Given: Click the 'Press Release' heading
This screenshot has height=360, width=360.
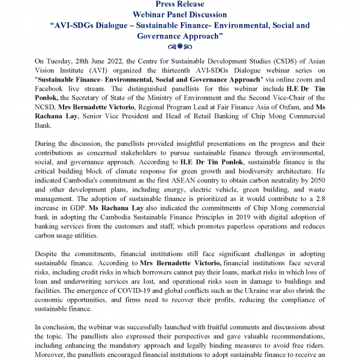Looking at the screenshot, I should [180, 4].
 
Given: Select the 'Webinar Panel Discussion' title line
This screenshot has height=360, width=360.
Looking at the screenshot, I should [180, 14].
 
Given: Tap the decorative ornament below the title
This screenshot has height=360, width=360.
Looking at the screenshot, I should [180, 46].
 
